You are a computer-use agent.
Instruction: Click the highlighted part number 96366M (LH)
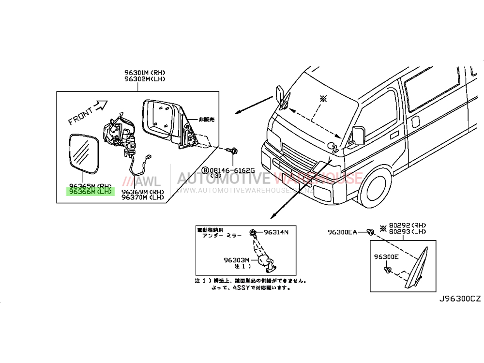pos(91,192)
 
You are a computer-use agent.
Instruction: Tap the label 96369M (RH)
pos(142,192)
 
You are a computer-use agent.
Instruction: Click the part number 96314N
pos(276,232)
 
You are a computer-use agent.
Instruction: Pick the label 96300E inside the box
pos(386,257)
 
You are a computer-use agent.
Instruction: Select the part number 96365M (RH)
pos(91,186)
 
